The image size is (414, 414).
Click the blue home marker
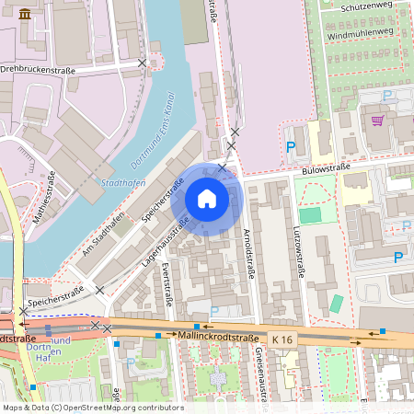(x=207, y=199)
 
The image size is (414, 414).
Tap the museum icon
(x=24, y=14)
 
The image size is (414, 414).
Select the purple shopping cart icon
(x=376, y=120)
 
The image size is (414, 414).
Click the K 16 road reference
(x=282, y=340)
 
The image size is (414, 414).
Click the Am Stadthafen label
(x=103, y=237)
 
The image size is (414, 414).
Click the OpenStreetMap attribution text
(x=92, y=407)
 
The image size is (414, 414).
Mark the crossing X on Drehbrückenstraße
(x=142, y=63)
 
